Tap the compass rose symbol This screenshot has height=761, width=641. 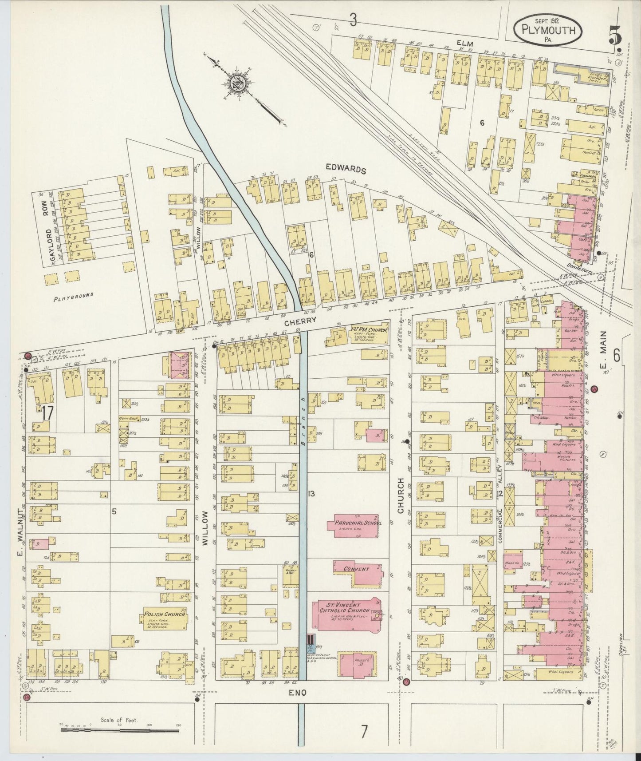tap(238, 83)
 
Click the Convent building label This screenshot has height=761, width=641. tap(356, 570)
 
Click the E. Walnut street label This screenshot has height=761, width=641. tap(20, 518)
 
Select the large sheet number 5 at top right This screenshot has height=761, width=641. tap(615, 35)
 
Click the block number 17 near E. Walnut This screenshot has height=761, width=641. tap(48, 413)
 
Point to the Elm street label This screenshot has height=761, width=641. tap(469, 43)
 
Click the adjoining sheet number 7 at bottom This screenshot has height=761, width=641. tap(363, 730)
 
